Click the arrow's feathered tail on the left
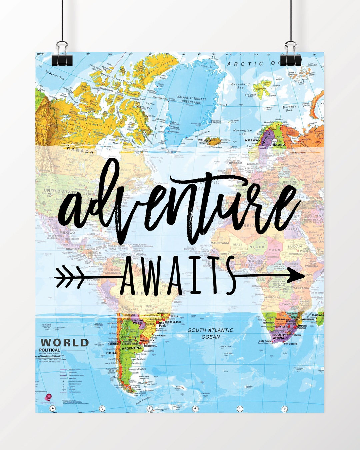tap(68, 277)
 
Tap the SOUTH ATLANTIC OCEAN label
tap(211, 333)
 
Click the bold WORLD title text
tap(65, 342)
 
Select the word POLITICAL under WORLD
tap(50, 350)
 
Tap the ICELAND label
tap(204, 140)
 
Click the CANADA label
tap(80, 151)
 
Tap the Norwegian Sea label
tap(242, 132)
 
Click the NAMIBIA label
tap(268, 323)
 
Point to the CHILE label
tap(112, 353)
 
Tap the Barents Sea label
tap(289, 108)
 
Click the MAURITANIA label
tap(220, 243)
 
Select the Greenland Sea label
tap(240, 86)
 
